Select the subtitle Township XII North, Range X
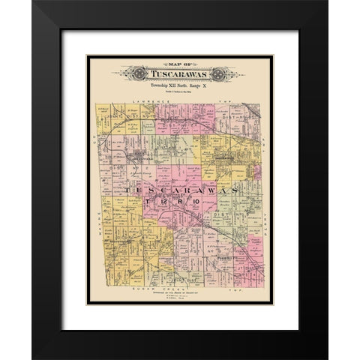point(179,88)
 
